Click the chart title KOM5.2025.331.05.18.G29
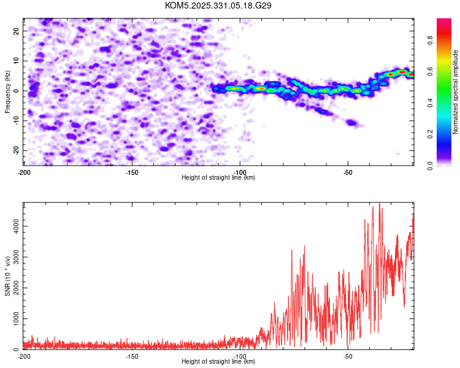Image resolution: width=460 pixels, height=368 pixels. (x=218, y=6)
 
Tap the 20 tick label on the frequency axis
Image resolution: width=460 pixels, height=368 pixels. (x=17, y=31)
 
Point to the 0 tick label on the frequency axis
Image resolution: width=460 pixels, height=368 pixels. (x=19, y=91)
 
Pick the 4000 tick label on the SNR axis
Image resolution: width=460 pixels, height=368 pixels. (x=13, y=227)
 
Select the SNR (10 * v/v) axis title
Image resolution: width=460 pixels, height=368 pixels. (x=7, y=275)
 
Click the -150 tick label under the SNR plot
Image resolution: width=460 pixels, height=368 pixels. (x=131, y=356)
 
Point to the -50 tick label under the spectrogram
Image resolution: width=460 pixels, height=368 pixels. (x=347, y=172)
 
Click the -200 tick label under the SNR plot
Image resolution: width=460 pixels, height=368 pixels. (x=24, y=356)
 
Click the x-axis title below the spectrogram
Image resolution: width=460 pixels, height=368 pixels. (x=218, y=178)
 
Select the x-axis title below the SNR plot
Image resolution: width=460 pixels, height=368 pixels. (x=218, y=362)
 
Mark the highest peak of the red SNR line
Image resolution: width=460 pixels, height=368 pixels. (x=379, y=203)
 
